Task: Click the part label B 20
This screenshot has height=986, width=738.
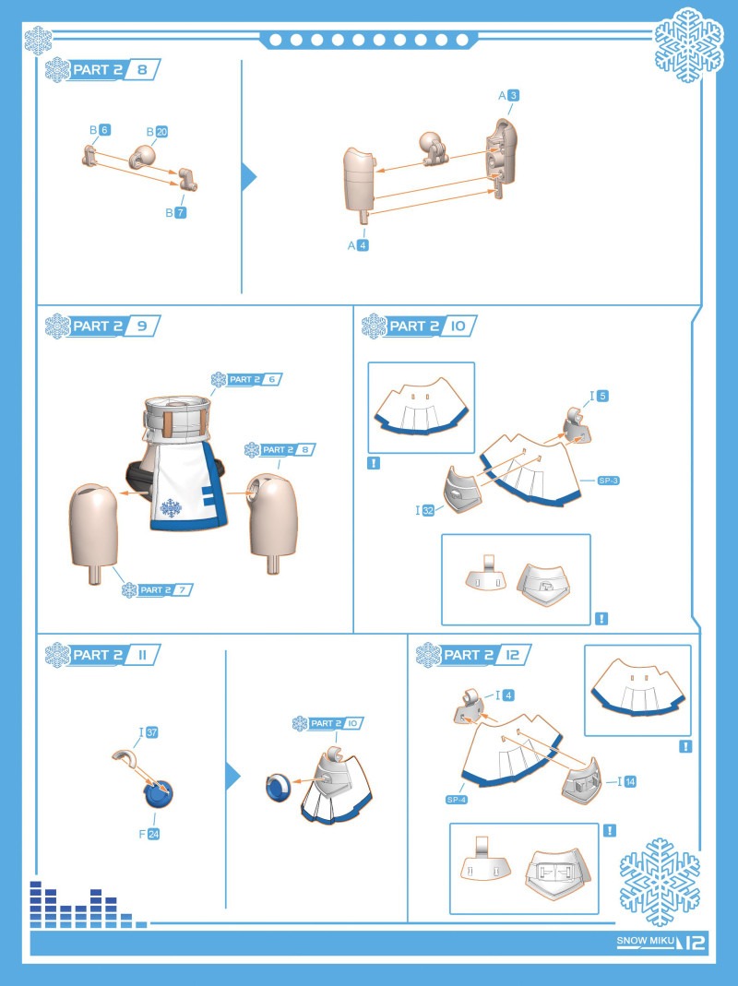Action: tap(158, 131)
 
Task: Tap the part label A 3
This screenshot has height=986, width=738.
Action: tap(509, 96)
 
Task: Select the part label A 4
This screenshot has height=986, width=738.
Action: tap(358, 245)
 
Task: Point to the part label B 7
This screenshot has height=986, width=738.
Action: tap(176, 212)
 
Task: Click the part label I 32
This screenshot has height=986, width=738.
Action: tap(424, 511)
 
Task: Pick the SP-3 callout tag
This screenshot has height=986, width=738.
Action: tap(609, 481)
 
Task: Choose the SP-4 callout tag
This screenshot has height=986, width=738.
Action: tap(456, 800)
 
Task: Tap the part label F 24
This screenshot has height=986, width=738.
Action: tap(149, 834)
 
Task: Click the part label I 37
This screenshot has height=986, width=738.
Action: tap(149, 732)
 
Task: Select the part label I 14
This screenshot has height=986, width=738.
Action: tap(626, 781)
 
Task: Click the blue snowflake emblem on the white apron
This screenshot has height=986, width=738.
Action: tap(171, 507)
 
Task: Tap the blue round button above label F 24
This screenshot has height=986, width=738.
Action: tap(159, 793)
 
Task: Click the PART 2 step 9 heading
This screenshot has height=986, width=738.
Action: tap(102, 326)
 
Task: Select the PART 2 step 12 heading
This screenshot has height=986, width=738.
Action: tap(473, 655)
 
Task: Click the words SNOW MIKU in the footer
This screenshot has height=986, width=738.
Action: tap(646, 941)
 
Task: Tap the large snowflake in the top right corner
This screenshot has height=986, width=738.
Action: tap(689, 44)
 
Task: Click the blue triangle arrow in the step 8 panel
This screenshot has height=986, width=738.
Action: tap(249, 177)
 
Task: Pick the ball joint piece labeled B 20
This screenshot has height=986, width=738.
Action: tap(143, 155)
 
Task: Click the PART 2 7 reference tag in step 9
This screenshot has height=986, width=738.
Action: tap(158, 589)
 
